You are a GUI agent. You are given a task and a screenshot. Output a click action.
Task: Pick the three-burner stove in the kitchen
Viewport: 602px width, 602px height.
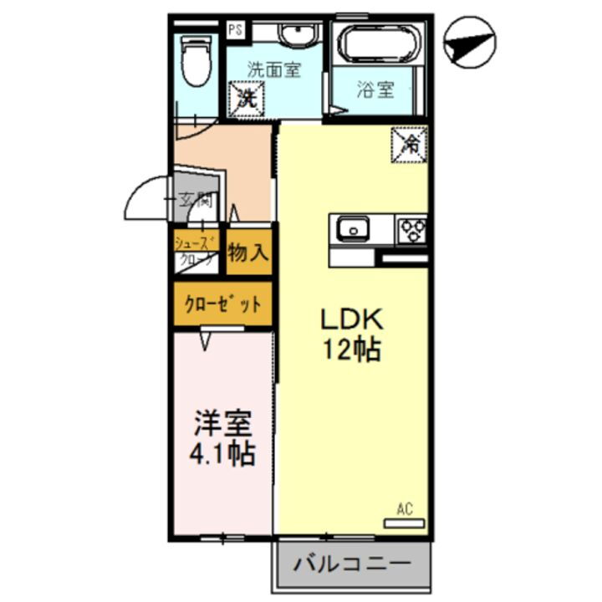412,228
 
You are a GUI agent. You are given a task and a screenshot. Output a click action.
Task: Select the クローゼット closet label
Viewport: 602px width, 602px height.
222,304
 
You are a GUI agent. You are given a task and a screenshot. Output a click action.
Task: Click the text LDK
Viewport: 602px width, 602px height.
352,319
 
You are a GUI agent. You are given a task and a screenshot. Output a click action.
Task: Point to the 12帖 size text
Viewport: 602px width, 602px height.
352,349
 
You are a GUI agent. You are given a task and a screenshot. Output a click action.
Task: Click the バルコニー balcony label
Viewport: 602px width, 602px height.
351,564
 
